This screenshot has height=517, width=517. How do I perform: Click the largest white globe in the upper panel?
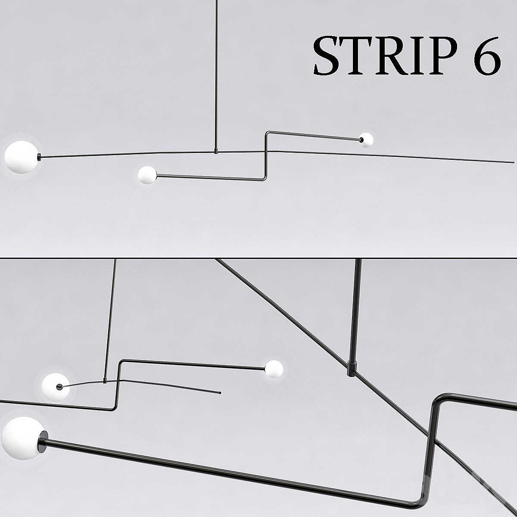[22, 157]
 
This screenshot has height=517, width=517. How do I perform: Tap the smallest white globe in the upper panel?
[367, 140]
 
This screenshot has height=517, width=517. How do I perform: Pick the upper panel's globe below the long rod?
[147, 175]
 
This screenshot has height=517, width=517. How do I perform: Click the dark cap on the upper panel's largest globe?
[40, 157]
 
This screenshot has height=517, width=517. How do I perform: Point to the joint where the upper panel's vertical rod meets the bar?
[216, 152]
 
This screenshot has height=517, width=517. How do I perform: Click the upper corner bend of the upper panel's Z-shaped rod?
[267, 133]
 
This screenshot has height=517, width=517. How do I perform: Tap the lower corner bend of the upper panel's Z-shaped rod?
[265, 178]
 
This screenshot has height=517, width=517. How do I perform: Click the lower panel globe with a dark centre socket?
[56, 386]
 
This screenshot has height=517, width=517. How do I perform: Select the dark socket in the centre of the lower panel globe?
[59, 386]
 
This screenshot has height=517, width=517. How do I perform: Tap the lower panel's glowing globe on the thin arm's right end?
[274, 369]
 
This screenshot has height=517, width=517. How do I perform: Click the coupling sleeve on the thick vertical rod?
[352, 368]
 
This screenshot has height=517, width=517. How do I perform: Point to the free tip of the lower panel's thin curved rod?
[220, 393]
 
